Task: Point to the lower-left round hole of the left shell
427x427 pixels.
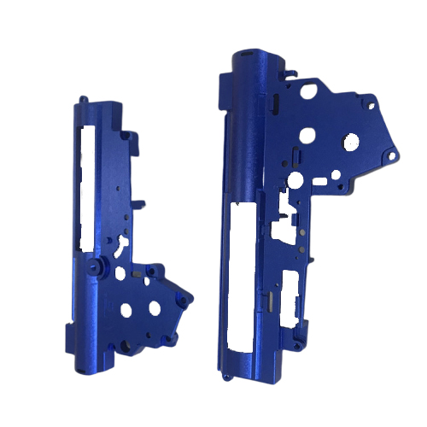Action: (x=126, y=310)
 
